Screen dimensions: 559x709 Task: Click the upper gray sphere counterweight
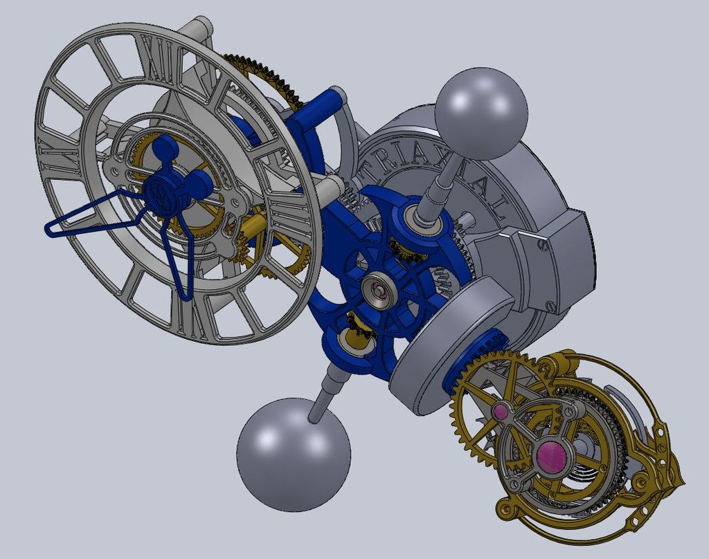(481, 112)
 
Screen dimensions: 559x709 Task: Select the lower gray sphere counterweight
(294, 454)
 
